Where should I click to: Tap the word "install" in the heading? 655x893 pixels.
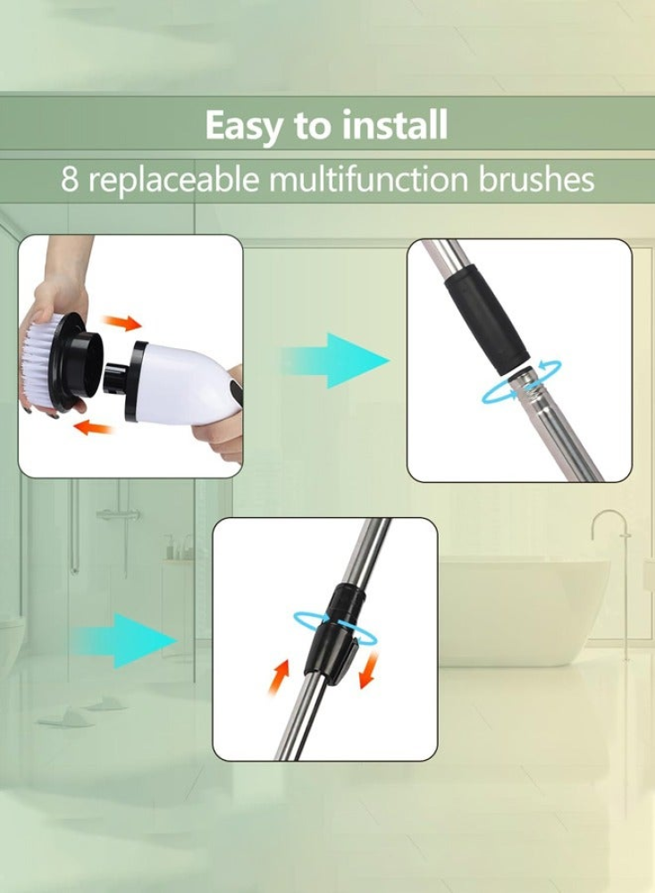point(394,125)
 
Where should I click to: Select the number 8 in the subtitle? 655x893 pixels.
point(70,179)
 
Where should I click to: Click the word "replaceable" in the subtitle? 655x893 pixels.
point(172,179)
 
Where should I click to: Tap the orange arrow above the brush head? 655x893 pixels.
point(121,323)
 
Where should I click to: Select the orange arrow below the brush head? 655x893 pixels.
point(94,427)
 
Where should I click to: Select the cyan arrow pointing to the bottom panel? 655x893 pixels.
point(124,640)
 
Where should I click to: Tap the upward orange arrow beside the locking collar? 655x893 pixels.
point(279,678)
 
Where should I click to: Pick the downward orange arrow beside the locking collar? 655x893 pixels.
point(369,670)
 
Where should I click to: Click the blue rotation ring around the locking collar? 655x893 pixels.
point(335,628)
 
